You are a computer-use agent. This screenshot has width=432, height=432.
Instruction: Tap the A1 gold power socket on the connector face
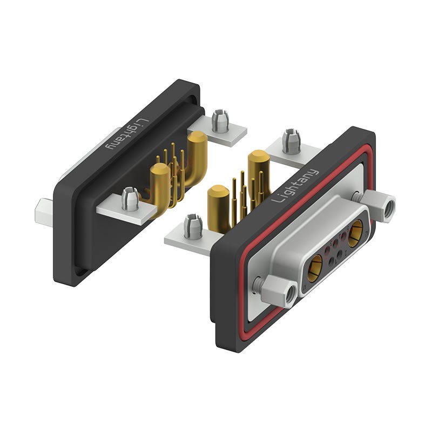pyautogui.click(x=315, y=268)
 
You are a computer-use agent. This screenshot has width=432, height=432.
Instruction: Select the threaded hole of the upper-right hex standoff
pyautogui.click(x=389, y=207)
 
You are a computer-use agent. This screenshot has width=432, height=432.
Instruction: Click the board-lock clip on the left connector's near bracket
pyautogui.click(x=130, y=198)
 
